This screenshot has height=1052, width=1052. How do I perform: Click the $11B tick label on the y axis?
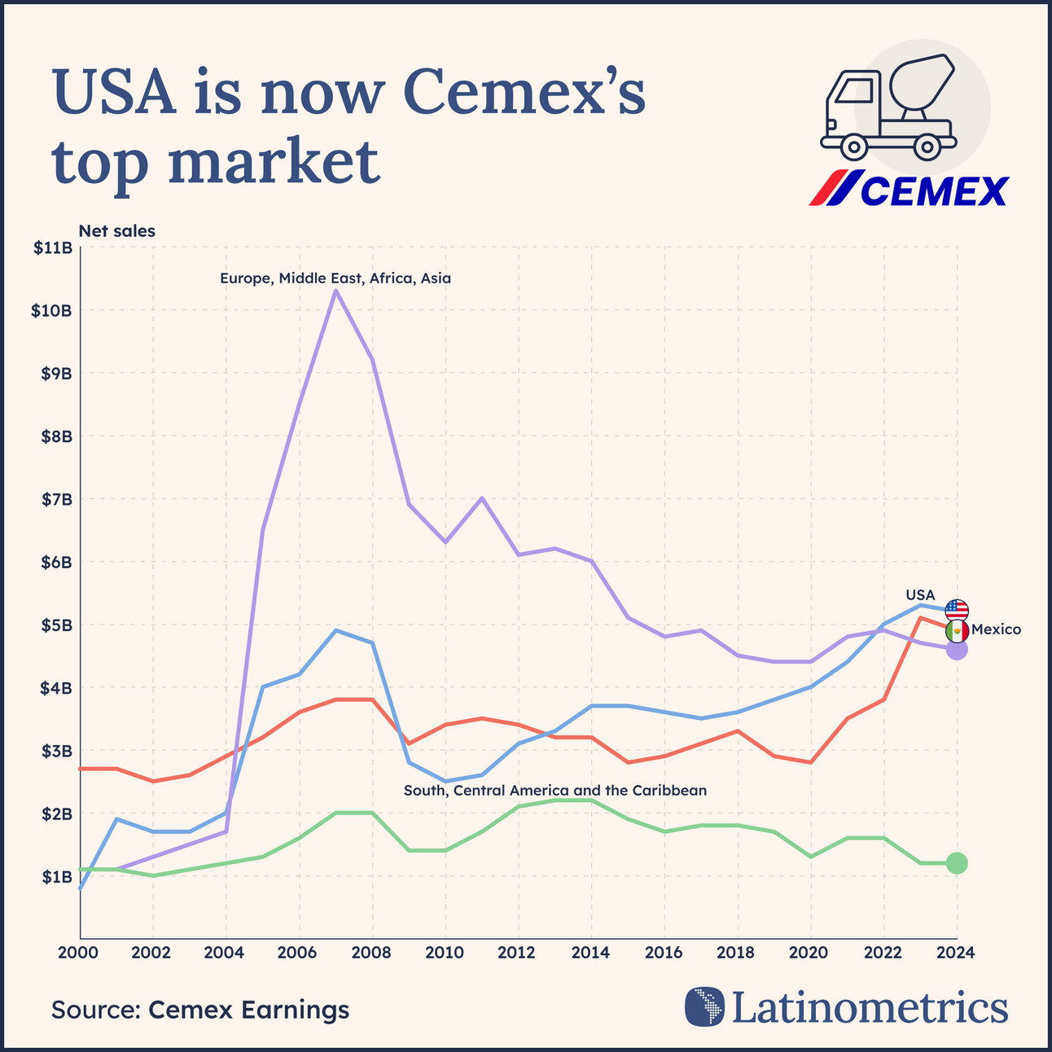click(52, 248)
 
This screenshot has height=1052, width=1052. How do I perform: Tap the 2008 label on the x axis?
click(372, 953)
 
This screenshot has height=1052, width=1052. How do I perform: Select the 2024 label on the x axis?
click(956, 953)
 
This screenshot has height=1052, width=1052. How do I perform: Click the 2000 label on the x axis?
click(80, 953)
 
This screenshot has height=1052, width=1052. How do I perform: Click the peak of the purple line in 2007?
click(335, 291)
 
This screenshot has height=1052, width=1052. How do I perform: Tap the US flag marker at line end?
click(957, 610)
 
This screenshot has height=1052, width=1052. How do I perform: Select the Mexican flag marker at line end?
click(957, 630)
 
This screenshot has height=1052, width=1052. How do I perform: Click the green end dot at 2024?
click(957, 863)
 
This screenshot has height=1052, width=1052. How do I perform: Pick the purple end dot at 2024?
click(957, 650)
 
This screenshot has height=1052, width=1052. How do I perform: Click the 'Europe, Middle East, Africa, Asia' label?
click(335, 278)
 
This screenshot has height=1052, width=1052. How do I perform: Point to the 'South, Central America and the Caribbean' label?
click(555, 791)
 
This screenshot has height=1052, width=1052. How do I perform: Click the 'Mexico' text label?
click(996, 629)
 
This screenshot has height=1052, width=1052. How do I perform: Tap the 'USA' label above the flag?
click(920, 594)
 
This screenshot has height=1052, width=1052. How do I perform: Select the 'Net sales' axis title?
click(116, 231)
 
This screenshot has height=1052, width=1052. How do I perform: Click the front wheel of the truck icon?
click(853, 147)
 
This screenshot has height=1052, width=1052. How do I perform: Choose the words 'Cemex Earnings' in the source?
click(248, 1010)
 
